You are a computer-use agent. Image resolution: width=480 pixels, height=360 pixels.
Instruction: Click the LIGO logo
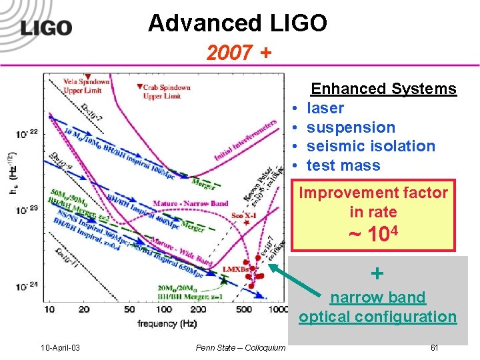(x=45, y=27)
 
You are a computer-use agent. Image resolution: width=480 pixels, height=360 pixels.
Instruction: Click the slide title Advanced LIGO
(x=237, y=24)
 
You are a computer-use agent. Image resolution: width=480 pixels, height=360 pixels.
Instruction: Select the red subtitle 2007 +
(x=239, y=53)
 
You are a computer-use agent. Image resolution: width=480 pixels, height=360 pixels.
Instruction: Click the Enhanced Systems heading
(x=383, y=89)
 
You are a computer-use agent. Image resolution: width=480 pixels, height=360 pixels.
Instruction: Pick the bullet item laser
(x=325, y=108)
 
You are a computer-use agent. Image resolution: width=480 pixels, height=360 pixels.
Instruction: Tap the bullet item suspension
(x=351, y=127)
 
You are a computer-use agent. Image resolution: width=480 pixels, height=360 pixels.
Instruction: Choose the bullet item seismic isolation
(x=371, y=146)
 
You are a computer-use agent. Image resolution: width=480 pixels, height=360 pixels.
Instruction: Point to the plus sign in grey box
(x=377, y=273)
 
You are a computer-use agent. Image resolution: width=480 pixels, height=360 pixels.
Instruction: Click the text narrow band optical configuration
(x=377, y=307)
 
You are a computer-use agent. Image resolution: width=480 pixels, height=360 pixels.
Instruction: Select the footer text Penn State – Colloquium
(x=241, y=347)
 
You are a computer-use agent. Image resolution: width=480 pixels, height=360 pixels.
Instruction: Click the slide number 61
(x=434, y=347)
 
